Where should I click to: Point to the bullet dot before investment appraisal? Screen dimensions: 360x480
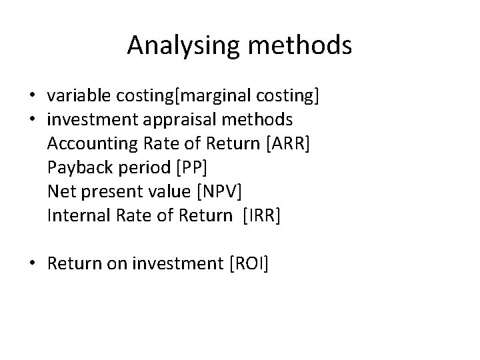click(x=32, y=119)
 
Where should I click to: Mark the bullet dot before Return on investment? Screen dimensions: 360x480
click(x=32, y=263)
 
